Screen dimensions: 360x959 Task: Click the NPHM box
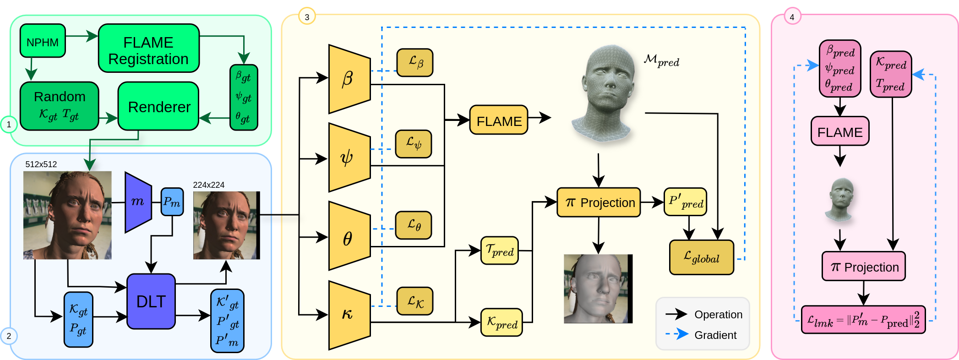pos(43,41)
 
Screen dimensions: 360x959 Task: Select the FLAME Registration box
pos(148,49)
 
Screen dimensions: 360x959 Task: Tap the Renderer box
pos(158,106)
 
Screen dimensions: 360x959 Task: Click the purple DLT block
pos(151,301)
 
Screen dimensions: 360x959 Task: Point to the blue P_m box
pos(172,202)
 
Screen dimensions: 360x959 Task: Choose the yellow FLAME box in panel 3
pos(498,120)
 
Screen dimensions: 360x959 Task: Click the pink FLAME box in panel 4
pos(839,131)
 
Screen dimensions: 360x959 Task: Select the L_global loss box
pos(701,257)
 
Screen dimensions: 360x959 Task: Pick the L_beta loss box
pos(414,63)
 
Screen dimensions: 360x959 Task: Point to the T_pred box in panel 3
pos(499,251)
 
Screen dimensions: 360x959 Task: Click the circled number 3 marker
pos(307,17)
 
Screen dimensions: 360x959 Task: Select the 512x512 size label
pos(41,164)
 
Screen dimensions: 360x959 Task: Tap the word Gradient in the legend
pos(715,335)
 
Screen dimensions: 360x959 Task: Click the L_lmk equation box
pos(863,320)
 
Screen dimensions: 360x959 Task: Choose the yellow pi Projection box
pos(598,202)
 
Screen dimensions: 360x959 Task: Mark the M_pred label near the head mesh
pos(661,60)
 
